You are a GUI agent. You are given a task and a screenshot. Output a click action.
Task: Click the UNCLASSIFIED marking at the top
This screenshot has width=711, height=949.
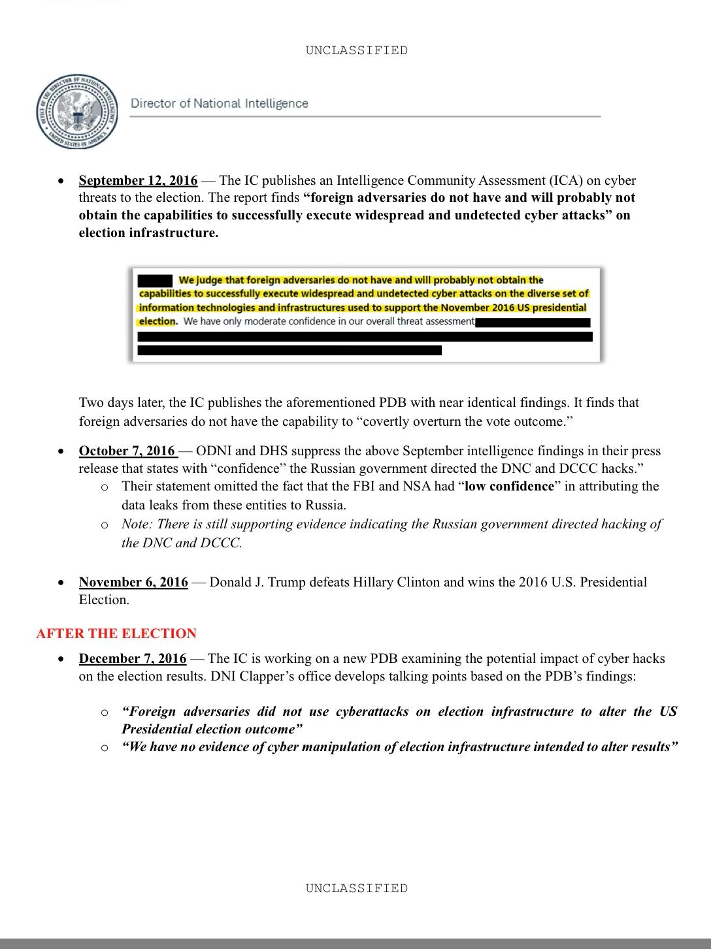tap(356, 50)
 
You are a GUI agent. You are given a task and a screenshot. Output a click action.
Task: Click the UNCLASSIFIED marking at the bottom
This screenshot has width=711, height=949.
tap(356, 888)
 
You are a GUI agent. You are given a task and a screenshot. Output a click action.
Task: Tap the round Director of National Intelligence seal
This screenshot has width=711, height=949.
tap(77, 112)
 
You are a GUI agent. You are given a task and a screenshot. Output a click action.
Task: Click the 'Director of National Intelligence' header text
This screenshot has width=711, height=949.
tap(220, 103)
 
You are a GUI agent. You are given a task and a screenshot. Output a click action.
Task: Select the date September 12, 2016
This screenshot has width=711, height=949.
tap(138, 180)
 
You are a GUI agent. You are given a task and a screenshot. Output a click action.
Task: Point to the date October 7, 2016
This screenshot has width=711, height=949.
tap(127, 451)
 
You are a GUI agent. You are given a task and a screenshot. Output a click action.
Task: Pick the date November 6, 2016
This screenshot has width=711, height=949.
tap(133, 582)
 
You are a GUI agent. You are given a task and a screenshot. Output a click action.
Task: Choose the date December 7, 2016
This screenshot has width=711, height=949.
tap(132, 658)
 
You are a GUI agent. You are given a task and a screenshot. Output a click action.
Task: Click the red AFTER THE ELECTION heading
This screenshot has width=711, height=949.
tap(116, 634)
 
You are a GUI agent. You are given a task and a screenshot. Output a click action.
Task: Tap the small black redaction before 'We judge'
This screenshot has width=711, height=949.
tap(155, 280)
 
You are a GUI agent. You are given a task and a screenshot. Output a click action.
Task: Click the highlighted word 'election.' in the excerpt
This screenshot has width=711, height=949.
tap(157, 321)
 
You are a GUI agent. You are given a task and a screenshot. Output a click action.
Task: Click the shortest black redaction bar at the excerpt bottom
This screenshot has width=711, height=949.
tap(289, 351)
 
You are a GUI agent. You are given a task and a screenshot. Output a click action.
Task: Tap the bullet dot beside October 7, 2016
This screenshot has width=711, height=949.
tap(61, 451)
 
